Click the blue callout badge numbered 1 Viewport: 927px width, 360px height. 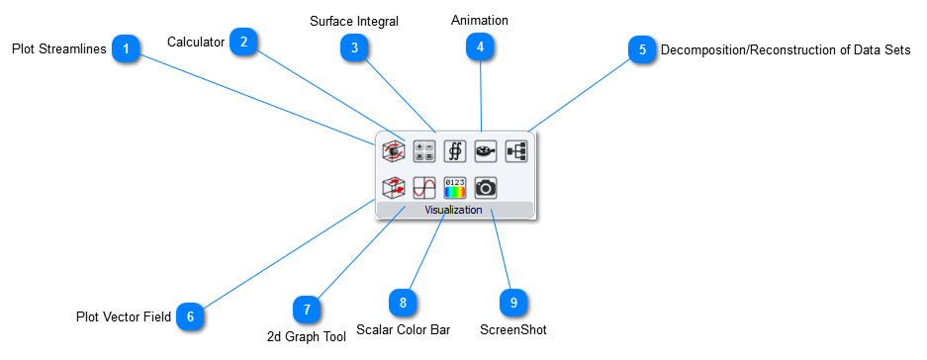click(x=126, y=48)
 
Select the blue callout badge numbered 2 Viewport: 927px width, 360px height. click(x=243, y=42)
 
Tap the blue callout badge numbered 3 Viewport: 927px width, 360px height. click(x=354, y=48)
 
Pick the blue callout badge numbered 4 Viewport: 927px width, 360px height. click(x=480, y=47)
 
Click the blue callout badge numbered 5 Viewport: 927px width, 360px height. click(x=642, y=49)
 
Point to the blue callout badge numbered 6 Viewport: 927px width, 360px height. click(x=191, y=316)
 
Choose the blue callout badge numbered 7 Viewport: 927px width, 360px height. click(x=308, y=310)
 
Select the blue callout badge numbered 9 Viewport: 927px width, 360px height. click(x=513, y=303)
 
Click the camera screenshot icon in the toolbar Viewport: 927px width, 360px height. click(x=485, y=187)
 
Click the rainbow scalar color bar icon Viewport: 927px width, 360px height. click(x=454, y=187)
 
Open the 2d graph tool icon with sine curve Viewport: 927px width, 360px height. click(x=423, y=187)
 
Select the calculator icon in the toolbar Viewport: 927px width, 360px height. click(x=423, y=150)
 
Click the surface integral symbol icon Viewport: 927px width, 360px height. click(x=454, y=150)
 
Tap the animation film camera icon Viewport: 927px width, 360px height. click(x=485, y=150)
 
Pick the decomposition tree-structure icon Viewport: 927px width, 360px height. click(x=516, y=150)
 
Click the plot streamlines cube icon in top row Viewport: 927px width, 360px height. click(x=393, y=150)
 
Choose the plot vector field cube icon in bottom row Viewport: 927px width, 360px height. click(x=393, y=187)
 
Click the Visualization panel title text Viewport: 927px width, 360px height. click(x=453, y=210)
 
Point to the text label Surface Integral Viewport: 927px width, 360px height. click(x=354, y=21)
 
